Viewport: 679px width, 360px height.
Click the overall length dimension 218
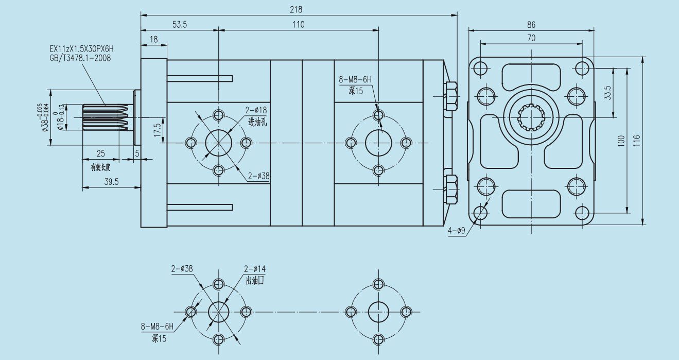coord(295,9)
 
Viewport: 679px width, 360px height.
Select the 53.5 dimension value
coord(180,24)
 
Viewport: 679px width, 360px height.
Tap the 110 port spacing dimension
coord(298,24)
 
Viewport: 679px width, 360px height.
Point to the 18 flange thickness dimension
coord(153,39)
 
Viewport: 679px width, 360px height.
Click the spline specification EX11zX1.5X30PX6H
coord(81,49)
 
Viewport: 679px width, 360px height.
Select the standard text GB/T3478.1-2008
coord(80,58)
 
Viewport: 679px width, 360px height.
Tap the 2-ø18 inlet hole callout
coord(255,110)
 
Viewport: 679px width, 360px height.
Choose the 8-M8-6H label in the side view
coord(355,80)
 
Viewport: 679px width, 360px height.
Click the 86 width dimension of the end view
coord(531,24)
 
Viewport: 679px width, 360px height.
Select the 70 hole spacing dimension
coord(531,38)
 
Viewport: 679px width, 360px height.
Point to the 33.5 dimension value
coord(607,93)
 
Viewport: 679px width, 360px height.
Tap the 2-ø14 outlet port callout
coord(255,269)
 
